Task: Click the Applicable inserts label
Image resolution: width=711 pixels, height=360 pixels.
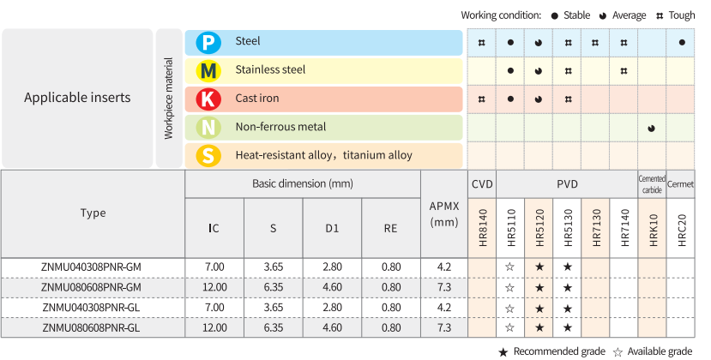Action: pyautogui.click(x=77, y=98)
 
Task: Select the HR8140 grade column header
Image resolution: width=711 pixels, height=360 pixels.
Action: pyautogui.click(x=482, y=230)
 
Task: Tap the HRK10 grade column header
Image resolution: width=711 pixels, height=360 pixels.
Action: pyautogui.click(x=654, y=230)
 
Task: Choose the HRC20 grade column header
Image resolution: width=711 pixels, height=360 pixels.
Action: pyautogui.click(x=681, y=230)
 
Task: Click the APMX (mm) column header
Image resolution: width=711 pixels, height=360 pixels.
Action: pyautogui.click(x=443, y=213)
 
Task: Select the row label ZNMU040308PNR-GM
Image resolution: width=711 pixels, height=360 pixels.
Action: pyautogui.click(x=92, y=267)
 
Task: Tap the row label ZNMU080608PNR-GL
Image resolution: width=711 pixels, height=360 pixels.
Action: pyautogui.click(x=92, y=327)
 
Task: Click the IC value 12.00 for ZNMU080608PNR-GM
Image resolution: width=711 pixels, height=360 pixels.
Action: pyautogui.click(x=214, y=287)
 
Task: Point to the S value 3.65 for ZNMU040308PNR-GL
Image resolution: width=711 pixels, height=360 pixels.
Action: pyautogui.click(x=274, y=307)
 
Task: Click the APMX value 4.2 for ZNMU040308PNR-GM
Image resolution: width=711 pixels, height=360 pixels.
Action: pyautogui.click(x=443, y=267)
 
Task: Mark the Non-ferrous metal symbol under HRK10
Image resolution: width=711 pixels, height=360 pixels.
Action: pyautogui.click(x=652, y=128)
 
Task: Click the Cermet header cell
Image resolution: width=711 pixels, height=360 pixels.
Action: pyautogui.click(x=681, y=183)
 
